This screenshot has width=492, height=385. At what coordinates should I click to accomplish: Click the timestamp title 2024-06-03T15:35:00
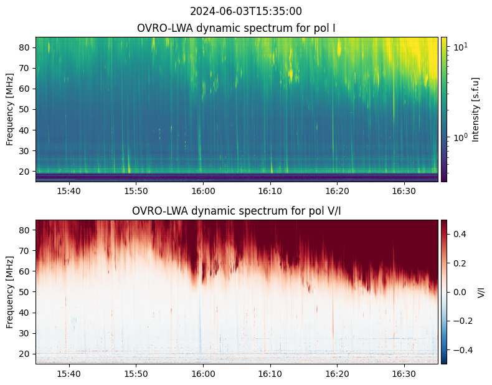click(x=246, y=11)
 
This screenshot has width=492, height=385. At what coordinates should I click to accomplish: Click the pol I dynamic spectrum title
click(x=236, y=28)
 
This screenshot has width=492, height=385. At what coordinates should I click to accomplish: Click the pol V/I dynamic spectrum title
click(x=236, y=211)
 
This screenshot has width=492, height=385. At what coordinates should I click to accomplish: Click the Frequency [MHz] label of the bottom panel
click(x=9, y=292)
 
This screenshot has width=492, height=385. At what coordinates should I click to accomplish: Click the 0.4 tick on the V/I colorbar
click(x=458, y=233)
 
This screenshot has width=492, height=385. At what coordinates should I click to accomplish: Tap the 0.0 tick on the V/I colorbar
click(x=458, y=291)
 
